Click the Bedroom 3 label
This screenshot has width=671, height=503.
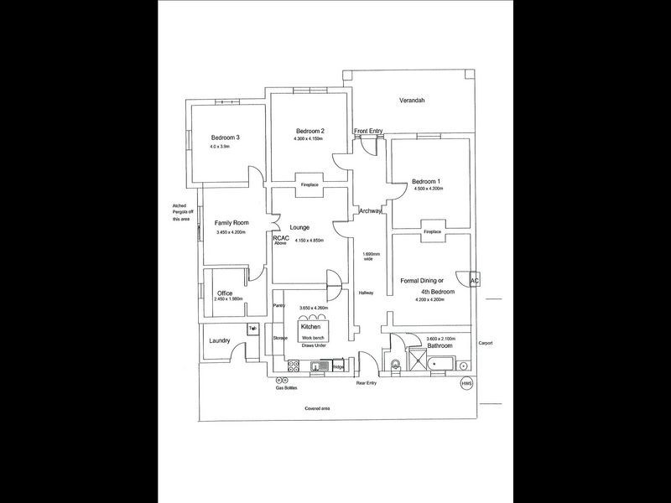(226, 137)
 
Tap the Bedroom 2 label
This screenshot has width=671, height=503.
(309, 131)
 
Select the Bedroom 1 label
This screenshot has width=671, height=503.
(426, 181)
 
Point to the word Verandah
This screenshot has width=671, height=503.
(412, 101)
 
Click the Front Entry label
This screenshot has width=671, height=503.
(368, 131)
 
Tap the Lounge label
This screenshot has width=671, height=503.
(300, 227)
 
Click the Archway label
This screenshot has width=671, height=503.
(370, 212)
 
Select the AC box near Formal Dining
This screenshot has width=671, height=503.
(474, 281)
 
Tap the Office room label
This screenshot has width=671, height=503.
(225, 293)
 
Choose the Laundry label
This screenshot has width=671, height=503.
(221, 341)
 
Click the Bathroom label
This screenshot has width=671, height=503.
(440, 345)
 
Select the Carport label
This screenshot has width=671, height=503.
(486, 343)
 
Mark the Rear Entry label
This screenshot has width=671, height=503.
(367, 383)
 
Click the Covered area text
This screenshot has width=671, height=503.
(320, 408)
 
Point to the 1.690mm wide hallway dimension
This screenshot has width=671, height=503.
(370, 257)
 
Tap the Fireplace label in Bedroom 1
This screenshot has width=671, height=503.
(432, 231)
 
